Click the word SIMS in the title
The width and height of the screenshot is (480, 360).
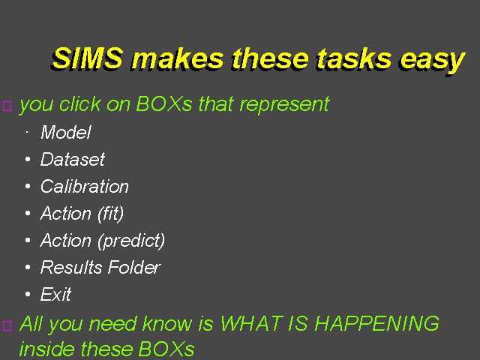point(87,58)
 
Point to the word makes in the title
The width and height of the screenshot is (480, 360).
point(178,58)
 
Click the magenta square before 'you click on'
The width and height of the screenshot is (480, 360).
point(7,106)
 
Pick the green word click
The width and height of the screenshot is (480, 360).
point(80,104)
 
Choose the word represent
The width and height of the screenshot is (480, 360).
point(284,106)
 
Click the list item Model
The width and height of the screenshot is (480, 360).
point(66,132)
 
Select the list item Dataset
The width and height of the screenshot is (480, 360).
point(73,159)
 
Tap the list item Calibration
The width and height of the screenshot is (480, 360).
point(85,186)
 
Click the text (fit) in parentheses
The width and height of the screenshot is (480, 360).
point(110,214)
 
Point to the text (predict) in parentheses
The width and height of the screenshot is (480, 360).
point(131,241)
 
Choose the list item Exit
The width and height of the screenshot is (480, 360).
point(55,294)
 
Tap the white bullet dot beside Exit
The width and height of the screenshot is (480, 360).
point(28,294)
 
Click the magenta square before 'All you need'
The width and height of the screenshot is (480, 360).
point(7,325)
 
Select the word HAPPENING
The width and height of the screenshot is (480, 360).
point(377,323)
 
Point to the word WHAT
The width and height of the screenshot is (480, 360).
point(251,323)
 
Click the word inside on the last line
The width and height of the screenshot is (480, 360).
point(46,348)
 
